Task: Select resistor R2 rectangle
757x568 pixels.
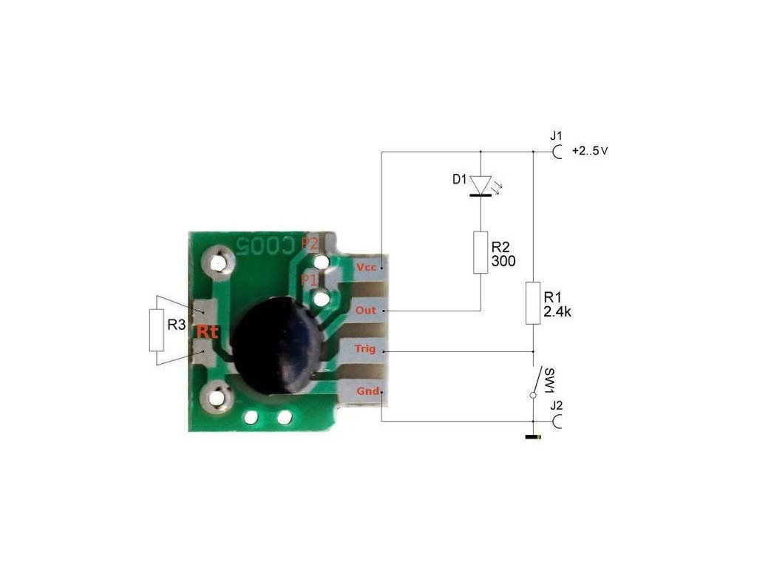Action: point(481,252)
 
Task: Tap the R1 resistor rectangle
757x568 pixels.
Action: point(533,302)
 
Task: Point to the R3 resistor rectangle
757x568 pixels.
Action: point(156,331)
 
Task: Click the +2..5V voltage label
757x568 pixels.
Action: point(590,152)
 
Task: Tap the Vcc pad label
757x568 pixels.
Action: point(366,266)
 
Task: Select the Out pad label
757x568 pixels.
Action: point(366,311)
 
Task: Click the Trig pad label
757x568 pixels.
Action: point(365,348)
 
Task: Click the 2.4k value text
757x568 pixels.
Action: point(558,312)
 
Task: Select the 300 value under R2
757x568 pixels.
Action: point(503,262)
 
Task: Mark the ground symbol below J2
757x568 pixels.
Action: point(533,438)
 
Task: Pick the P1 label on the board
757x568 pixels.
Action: point(309,280)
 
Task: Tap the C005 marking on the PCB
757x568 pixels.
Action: point(264,243)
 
